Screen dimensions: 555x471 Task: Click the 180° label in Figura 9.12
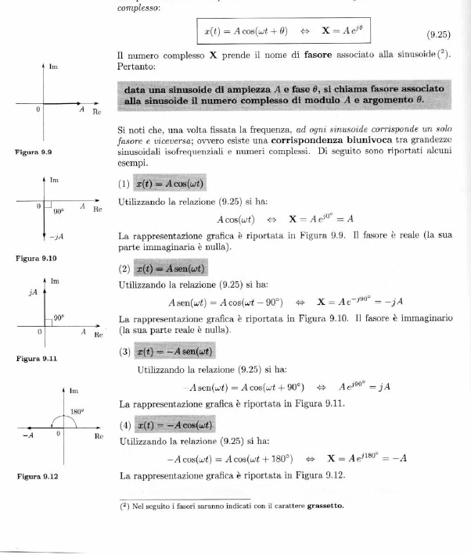[x=76, y=410]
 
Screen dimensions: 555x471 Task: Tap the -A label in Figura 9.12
[x=27, y=435]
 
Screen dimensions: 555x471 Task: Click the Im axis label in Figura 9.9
[x=53, y=68]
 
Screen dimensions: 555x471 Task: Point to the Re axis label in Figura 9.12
[x=99, y=436]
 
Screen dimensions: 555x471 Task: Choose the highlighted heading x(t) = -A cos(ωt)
[x=174, y=425]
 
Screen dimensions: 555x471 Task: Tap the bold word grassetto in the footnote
[x=323, y=505]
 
